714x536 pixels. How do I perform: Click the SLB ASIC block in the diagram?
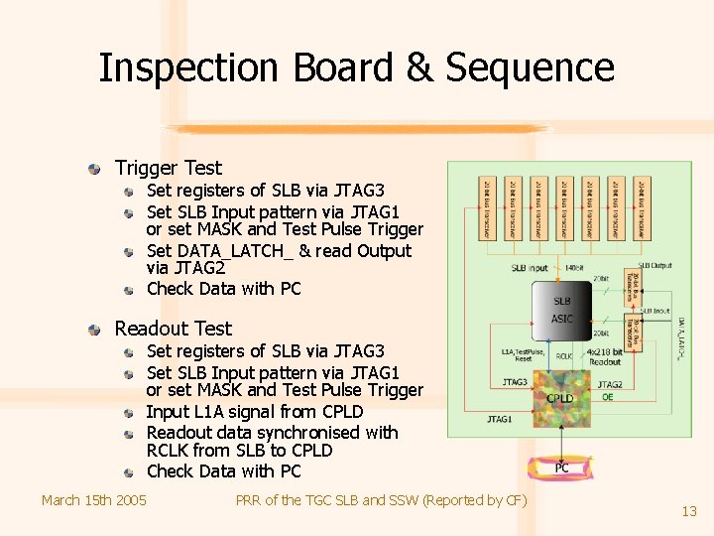561,311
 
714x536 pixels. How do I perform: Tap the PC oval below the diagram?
561,467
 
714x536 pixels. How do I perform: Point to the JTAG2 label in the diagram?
610,384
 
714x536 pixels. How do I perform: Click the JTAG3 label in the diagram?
515,381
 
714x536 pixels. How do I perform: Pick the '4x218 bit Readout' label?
604,357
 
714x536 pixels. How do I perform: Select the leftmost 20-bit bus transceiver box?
488,208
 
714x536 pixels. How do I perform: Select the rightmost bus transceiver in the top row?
642,208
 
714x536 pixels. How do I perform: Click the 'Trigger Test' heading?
168,169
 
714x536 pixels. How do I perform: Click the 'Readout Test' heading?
173,329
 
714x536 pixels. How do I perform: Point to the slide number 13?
689,511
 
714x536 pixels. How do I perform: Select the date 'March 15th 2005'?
94,499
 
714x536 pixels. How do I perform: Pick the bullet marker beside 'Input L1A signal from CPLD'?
130,412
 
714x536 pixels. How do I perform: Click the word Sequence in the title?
530,67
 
